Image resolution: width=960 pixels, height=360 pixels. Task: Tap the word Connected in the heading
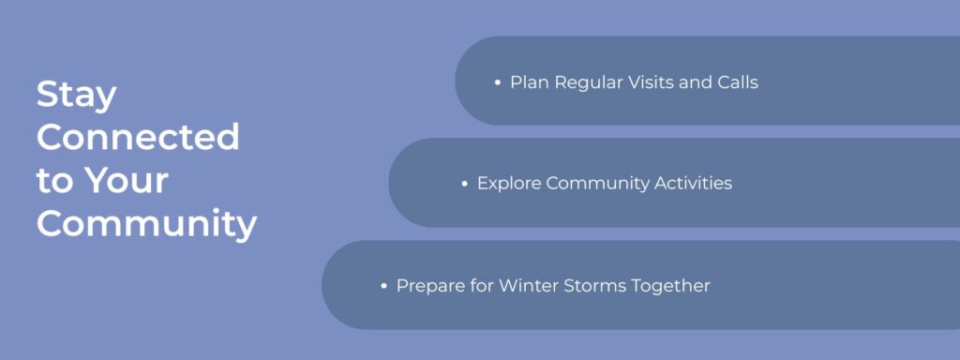[x=138, y=138]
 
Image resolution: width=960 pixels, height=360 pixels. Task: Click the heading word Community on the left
[x=146, y=225]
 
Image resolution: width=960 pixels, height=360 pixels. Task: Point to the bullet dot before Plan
[x=497, y=82]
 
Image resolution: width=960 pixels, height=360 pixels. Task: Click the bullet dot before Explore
[x=464, y=184]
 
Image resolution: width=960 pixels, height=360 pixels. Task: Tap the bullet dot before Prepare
[x=383, y=285]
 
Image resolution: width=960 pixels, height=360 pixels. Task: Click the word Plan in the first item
[x=530, y=82]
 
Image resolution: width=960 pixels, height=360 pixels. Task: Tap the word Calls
[x=737, y=82]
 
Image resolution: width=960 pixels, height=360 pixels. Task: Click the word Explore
[x=509, y=184]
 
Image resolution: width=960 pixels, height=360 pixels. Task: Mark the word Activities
[x=693, y=184]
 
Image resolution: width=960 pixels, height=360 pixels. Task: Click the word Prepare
[x=431, y=285]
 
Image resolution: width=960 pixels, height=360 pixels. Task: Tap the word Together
[x=673, y=285]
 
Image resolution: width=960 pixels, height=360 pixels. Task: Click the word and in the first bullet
[x=696, y=82]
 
